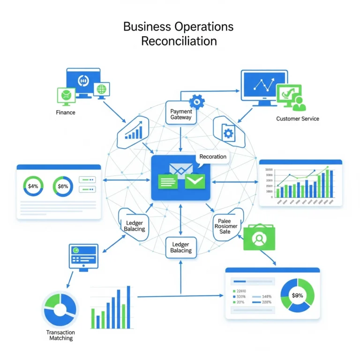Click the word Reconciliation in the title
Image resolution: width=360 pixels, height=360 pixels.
point(179,41)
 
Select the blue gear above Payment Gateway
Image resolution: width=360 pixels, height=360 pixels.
point(197,101)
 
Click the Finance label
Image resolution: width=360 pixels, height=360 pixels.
point(66,112)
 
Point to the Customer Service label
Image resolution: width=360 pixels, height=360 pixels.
point(298,119)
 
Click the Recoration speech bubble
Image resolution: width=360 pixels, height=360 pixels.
point(213,157)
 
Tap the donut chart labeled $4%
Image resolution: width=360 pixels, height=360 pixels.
point(33,186)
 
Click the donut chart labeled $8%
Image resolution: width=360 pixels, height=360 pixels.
point(63,186)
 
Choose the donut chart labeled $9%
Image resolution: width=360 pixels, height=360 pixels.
point(297,296)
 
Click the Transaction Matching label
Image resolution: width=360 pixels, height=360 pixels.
point(60,335)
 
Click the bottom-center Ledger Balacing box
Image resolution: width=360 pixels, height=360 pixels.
point(181,247)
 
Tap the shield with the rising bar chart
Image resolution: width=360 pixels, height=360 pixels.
point(134,132)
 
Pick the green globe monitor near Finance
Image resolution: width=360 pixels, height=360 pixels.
point(101,89)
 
